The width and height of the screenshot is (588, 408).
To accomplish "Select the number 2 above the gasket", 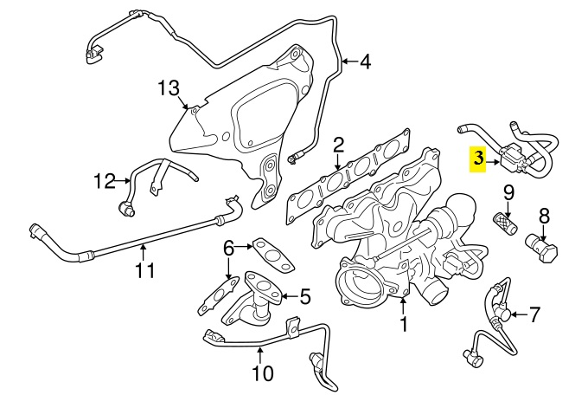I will (x=339, y=145).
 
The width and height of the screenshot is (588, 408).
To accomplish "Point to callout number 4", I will (x=365, y=62).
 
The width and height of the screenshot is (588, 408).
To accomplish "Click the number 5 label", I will (x=304, y=297).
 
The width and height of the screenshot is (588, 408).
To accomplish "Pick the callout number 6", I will (x=228, y=248).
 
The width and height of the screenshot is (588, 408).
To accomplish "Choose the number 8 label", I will (x=544, y=215).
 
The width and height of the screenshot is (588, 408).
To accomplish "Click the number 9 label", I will (x=508, y=191).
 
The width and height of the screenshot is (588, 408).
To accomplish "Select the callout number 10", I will (x=262, y=374).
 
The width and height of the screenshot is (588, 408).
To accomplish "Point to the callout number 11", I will (x=144, y=270).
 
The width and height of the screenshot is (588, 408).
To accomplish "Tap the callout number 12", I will (x=104, y=181).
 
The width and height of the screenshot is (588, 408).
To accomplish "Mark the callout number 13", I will (x=168, y=87).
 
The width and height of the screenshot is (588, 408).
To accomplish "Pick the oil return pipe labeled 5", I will (x=257, y=297).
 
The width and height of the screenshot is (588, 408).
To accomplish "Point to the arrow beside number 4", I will (x=348, y=62).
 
